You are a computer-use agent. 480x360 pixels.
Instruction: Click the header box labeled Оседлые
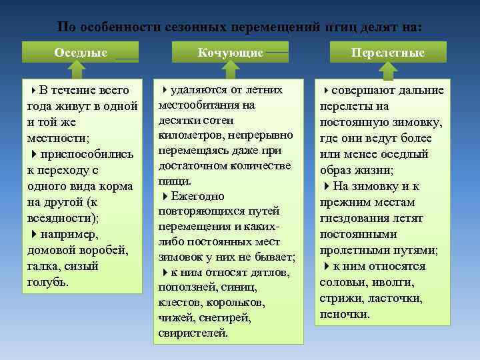coord(80,52)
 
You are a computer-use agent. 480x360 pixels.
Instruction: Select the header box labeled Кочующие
coord(230,52)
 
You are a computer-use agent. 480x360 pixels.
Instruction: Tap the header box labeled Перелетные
coord(389,52)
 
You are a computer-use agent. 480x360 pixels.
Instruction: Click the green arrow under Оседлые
coord(81,69)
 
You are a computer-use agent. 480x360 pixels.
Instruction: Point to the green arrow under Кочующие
coord(230,69)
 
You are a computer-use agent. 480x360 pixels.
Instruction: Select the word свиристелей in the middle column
coord(193,333)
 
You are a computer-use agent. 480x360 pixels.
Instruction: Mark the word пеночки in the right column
coord(345,314)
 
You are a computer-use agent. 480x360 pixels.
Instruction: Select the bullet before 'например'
coord(33,234)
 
